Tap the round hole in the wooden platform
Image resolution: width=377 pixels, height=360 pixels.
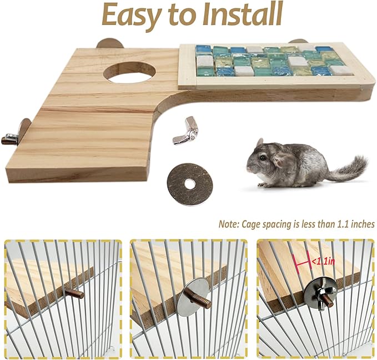[128, 73]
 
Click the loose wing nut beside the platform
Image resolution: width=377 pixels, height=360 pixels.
[185, 132]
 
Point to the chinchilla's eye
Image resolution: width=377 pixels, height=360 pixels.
[262, 158]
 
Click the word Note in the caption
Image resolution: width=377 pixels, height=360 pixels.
[228, 224]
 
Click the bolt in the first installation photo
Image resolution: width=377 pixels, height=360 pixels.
[73, 292]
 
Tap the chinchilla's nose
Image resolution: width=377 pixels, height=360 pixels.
[249, 165]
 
